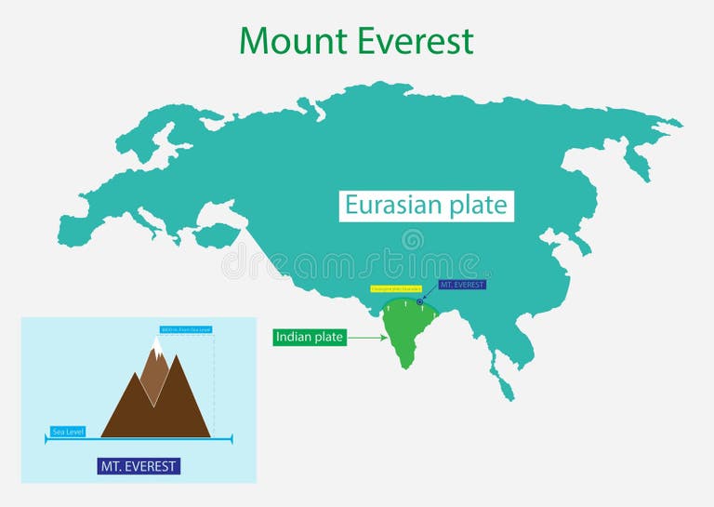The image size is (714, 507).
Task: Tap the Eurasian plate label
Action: point(425,206)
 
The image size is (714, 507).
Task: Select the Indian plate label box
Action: point(310,338)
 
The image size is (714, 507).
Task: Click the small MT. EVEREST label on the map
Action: point(462,285)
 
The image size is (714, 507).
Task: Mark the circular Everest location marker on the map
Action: point(420,301)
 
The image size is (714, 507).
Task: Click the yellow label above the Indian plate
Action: point(397,288)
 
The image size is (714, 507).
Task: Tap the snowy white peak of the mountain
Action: point(157,349)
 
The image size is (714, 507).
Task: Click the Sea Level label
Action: point(68,432)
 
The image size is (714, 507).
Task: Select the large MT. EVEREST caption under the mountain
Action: point(139,466)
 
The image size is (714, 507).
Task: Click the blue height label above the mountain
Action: point(186,329)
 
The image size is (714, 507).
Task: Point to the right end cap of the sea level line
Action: point(231,437)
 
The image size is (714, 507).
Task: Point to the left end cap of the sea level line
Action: point(46,437)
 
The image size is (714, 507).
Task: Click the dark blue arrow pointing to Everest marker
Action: point(430,295)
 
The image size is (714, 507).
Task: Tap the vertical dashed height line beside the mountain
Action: point(215,381)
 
